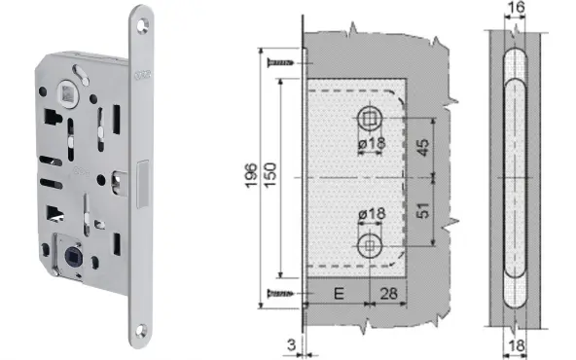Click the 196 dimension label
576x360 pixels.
coord(251,175)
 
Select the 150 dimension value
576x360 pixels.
coord(270,175)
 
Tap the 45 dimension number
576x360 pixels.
coord(423,148)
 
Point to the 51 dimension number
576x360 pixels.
coord(423,210)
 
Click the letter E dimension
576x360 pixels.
coord(339,294)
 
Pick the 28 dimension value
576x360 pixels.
coord(388,294)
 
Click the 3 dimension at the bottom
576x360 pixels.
coord(291,345)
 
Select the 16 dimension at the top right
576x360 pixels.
coord(516,8)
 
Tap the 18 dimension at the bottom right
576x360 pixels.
coord(516,346)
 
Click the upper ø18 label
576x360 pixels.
coord(372,143)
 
